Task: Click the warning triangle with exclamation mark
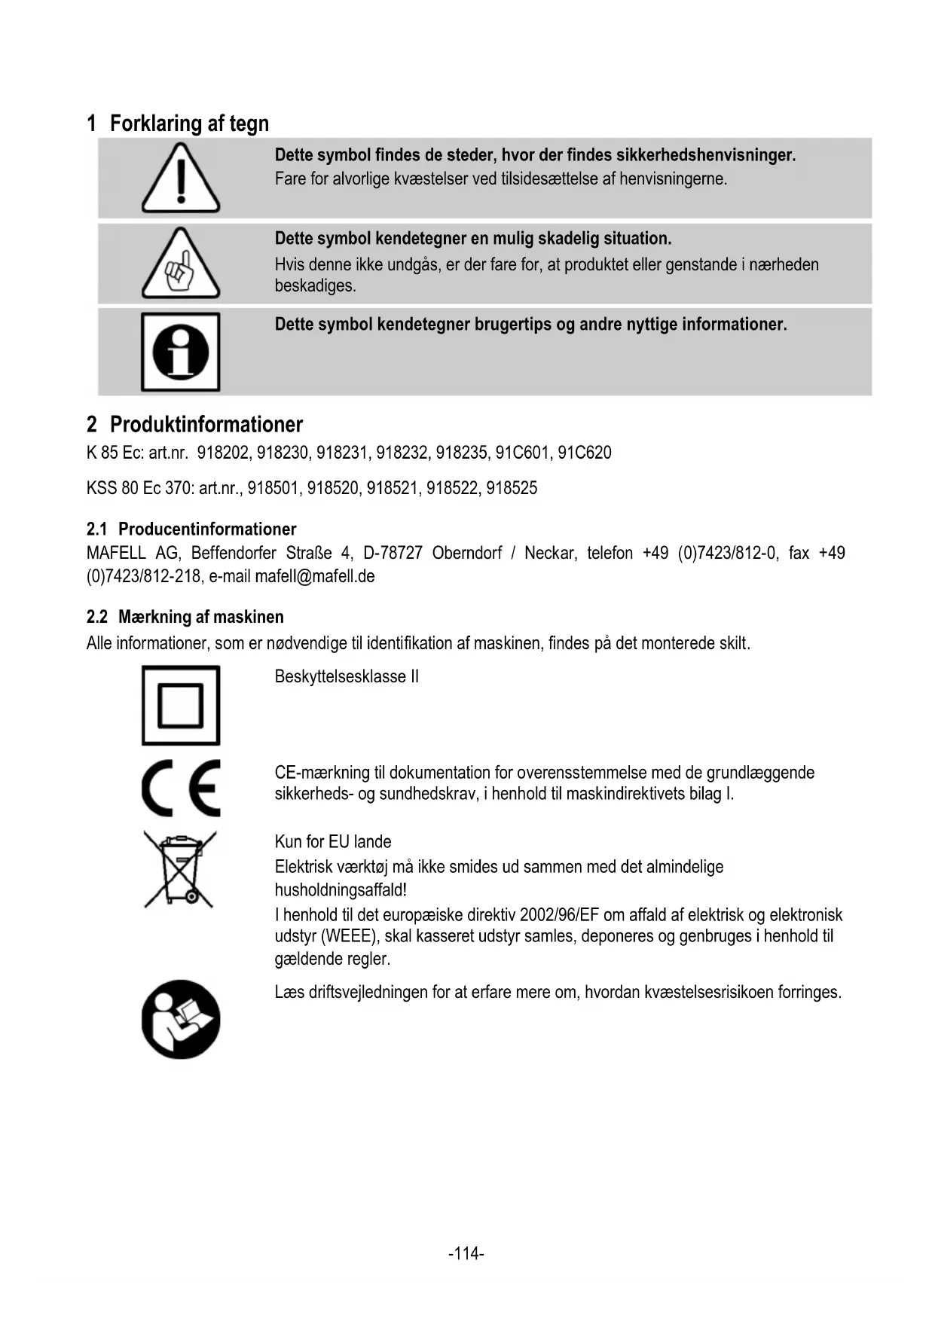click(x=181, y=179)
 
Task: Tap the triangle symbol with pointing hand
click(x=181, y=264)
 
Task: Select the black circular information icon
click(x=181, y=352)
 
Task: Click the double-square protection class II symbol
click(x=181, y=706)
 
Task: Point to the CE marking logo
click(x=181, y=788)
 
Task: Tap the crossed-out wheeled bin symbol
click(x=180, y=869)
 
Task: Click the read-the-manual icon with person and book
click(x=181, y=1019)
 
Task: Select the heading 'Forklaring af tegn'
click(x=189, y=124)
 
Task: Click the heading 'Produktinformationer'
click(x=206, y=425)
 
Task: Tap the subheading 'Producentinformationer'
click(x=207, y=529)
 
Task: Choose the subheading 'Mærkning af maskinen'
click(x=201, y=617)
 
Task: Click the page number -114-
click(x=466, y=1254)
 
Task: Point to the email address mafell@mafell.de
click(x=315, y=577)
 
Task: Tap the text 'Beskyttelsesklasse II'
click(x=347, y=676)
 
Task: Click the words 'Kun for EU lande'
click(x=333, y=841)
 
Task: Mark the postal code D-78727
click(x=393, y=554)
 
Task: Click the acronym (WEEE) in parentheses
click(x=350, y=937)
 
